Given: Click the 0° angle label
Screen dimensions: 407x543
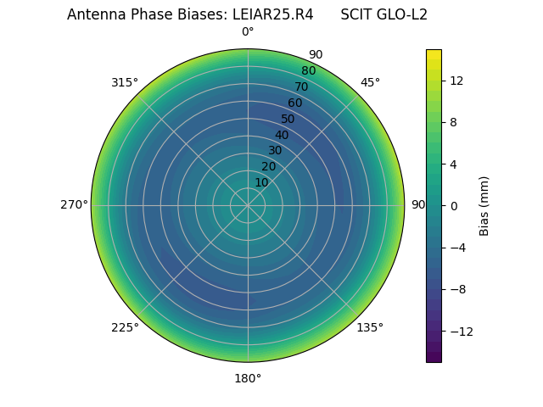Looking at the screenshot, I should point(248,32).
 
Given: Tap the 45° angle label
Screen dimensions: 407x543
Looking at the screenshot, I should point(370,82).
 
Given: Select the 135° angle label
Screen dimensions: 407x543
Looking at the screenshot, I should point(370,327).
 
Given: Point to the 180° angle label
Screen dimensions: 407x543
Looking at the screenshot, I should point(248,378).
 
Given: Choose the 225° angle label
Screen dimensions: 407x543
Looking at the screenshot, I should point(125,327).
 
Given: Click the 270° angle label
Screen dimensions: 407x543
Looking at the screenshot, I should point(74,205).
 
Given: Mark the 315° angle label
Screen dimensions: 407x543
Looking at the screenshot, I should point(125,82).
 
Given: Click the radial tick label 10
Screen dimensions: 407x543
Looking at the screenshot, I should point(261,182).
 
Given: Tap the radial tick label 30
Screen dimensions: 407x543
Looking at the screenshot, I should point(275,150).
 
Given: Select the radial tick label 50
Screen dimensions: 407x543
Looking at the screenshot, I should point(288,119).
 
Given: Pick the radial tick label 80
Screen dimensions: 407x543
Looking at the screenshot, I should point(308,71).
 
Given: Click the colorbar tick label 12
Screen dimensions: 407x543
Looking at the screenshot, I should point(456,81).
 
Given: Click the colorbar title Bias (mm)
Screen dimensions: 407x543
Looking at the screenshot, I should point(484,205).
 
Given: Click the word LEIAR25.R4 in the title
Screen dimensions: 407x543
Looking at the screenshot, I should point(272,14).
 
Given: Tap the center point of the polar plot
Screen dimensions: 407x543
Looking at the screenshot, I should point(248,205).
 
